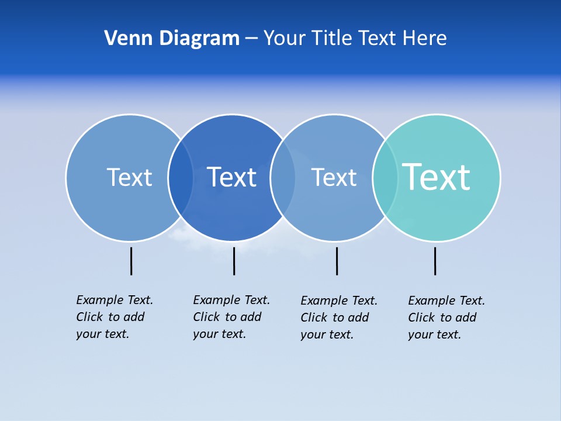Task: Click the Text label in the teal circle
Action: (436, 177)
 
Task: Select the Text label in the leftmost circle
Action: (129, 177)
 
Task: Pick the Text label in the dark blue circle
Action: (231, 177)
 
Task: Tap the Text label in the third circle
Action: (334, 177)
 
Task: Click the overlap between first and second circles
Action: (181, 177)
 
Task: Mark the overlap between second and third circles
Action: (283, 177)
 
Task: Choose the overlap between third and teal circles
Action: (385, 177)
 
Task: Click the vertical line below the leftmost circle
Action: (131, 261)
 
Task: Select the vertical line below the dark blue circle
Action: (234, 261)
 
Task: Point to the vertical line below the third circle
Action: (337, 261)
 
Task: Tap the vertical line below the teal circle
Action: (435, 261)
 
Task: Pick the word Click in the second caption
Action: (206, 317)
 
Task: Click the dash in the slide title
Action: (251, 39)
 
